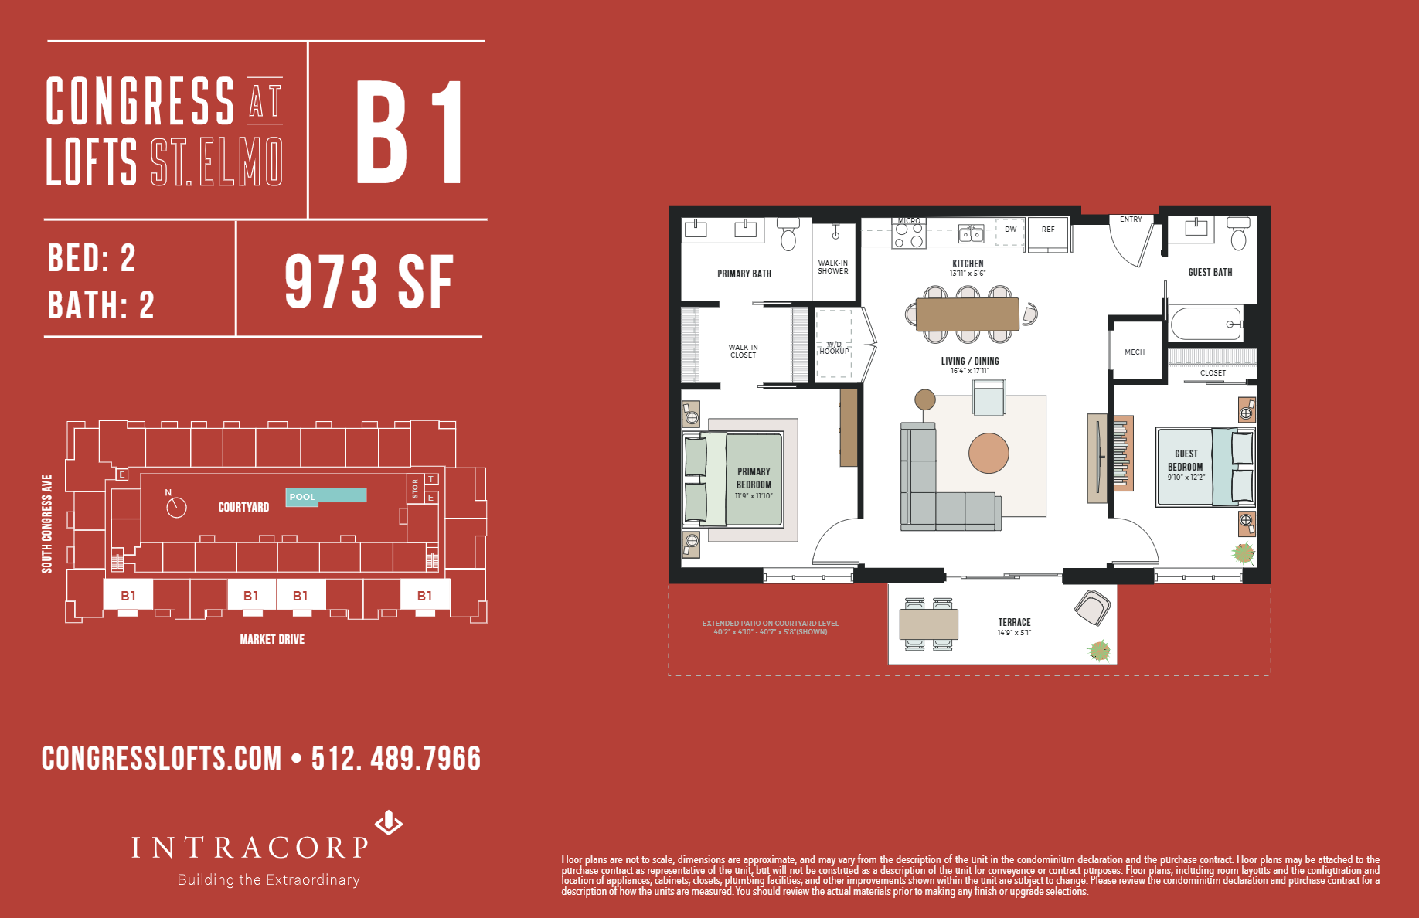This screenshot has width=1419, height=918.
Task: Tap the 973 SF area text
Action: tap(369, 283)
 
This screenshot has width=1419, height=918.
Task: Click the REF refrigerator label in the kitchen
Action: tap(1048, 229)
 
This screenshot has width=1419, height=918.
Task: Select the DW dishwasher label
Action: tap(1010, 229)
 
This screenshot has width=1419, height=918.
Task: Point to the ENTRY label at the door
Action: tap(1131, 219)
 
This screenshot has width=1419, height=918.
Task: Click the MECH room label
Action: tap(1135, 352)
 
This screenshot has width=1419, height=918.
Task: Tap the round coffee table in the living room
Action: tap(989, 454)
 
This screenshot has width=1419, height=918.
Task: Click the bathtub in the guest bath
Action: tap(1206, 324)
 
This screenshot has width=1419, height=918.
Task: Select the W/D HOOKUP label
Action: tap(834, 348)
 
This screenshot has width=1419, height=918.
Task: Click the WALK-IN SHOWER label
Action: tap(833, 267)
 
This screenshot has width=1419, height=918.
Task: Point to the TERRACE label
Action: tap(1014, 622)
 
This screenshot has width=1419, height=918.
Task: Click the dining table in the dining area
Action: tap(967, 314)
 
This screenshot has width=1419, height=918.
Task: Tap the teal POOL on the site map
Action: tap(326, 496)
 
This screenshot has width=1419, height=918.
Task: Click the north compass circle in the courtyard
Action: tap(176, 508)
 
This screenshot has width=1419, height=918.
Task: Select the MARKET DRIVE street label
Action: tap(272, 639)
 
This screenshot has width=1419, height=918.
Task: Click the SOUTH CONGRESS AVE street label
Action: tap(47, 524)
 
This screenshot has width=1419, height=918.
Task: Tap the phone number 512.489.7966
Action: tap(396, 759)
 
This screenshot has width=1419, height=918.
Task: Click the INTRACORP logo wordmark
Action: tap(250, 848)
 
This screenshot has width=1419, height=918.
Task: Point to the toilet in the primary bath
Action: tap(788, 234)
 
